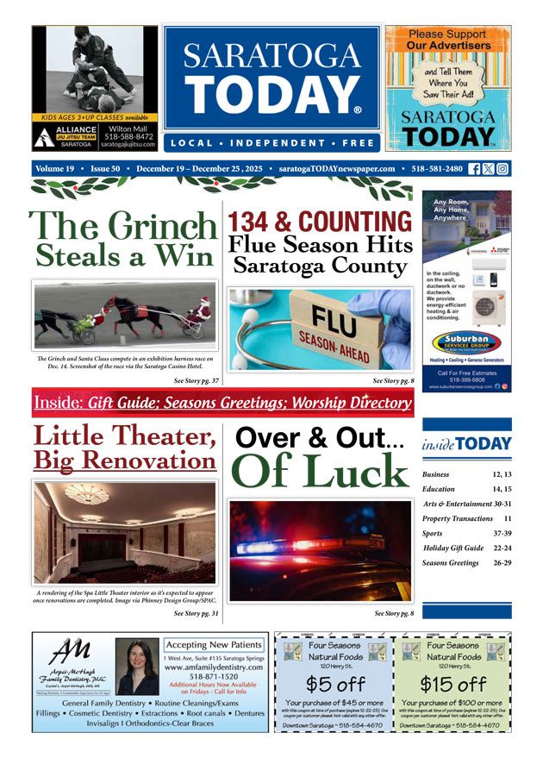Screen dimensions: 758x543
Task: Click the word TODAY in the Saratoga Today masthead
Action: (x=271, y=96)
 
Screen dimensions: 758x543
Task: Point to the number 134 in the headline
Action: (x=256, y=220)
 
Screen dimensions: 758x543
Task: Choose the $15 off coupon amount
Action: (x=452, y=685)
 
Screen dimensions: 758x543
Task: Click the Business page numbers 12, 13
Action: (x=502, y=474)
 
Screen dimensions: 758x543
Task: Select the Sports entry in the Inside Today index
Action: (x=433, y=533)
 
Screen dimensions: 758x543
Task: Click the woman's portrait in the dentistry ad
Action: (x=137, y=666)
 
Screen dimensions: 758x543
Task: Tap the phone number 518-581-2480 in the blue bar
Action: (x=441, y=169)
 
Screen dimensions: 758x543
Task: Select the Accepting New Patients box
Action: (x=214, y=644)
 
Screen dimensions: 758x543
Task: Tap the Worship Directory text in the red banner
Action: (x=349, y=403)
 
